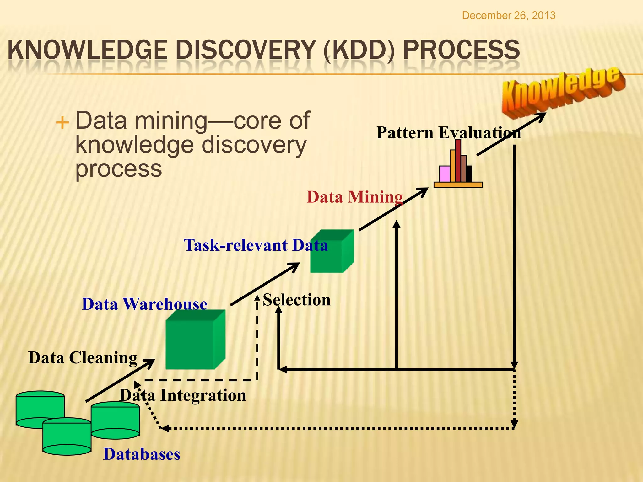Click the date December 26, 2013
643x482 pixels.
509,15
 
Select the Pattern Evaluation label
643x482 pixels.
448,132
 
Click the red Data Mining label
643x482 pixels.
355,197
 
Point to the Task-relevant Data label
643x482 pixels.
256,245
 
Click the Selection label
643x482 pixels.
297,300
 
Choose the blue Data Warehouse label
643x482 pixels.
144,304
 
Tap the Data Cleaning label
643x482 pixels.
83,358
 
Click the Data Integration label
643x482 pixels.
183,395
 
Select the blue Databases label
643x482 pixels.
142,454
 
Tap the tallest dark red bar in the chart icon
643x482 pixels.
458,160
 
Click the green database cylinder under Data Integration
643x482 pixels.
115,420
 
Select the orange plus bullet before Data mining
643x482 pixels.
62,122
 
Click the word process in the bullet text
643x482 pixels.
119,169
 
